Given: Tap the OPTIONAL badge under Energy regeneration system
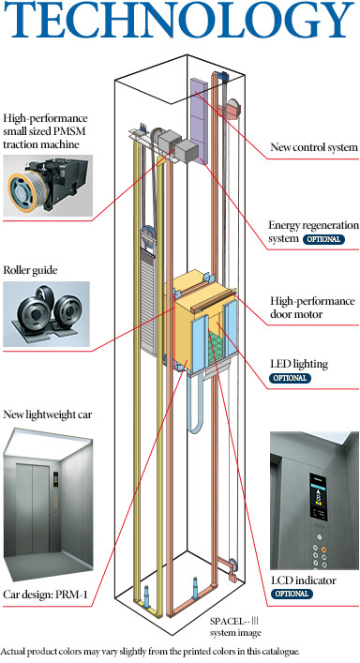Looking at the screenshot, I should coord(321,240).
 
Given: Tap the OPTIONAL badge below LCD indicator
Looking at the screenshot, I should coord(292,594).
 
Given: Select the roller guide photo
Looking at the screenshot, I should coord(48,311).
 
